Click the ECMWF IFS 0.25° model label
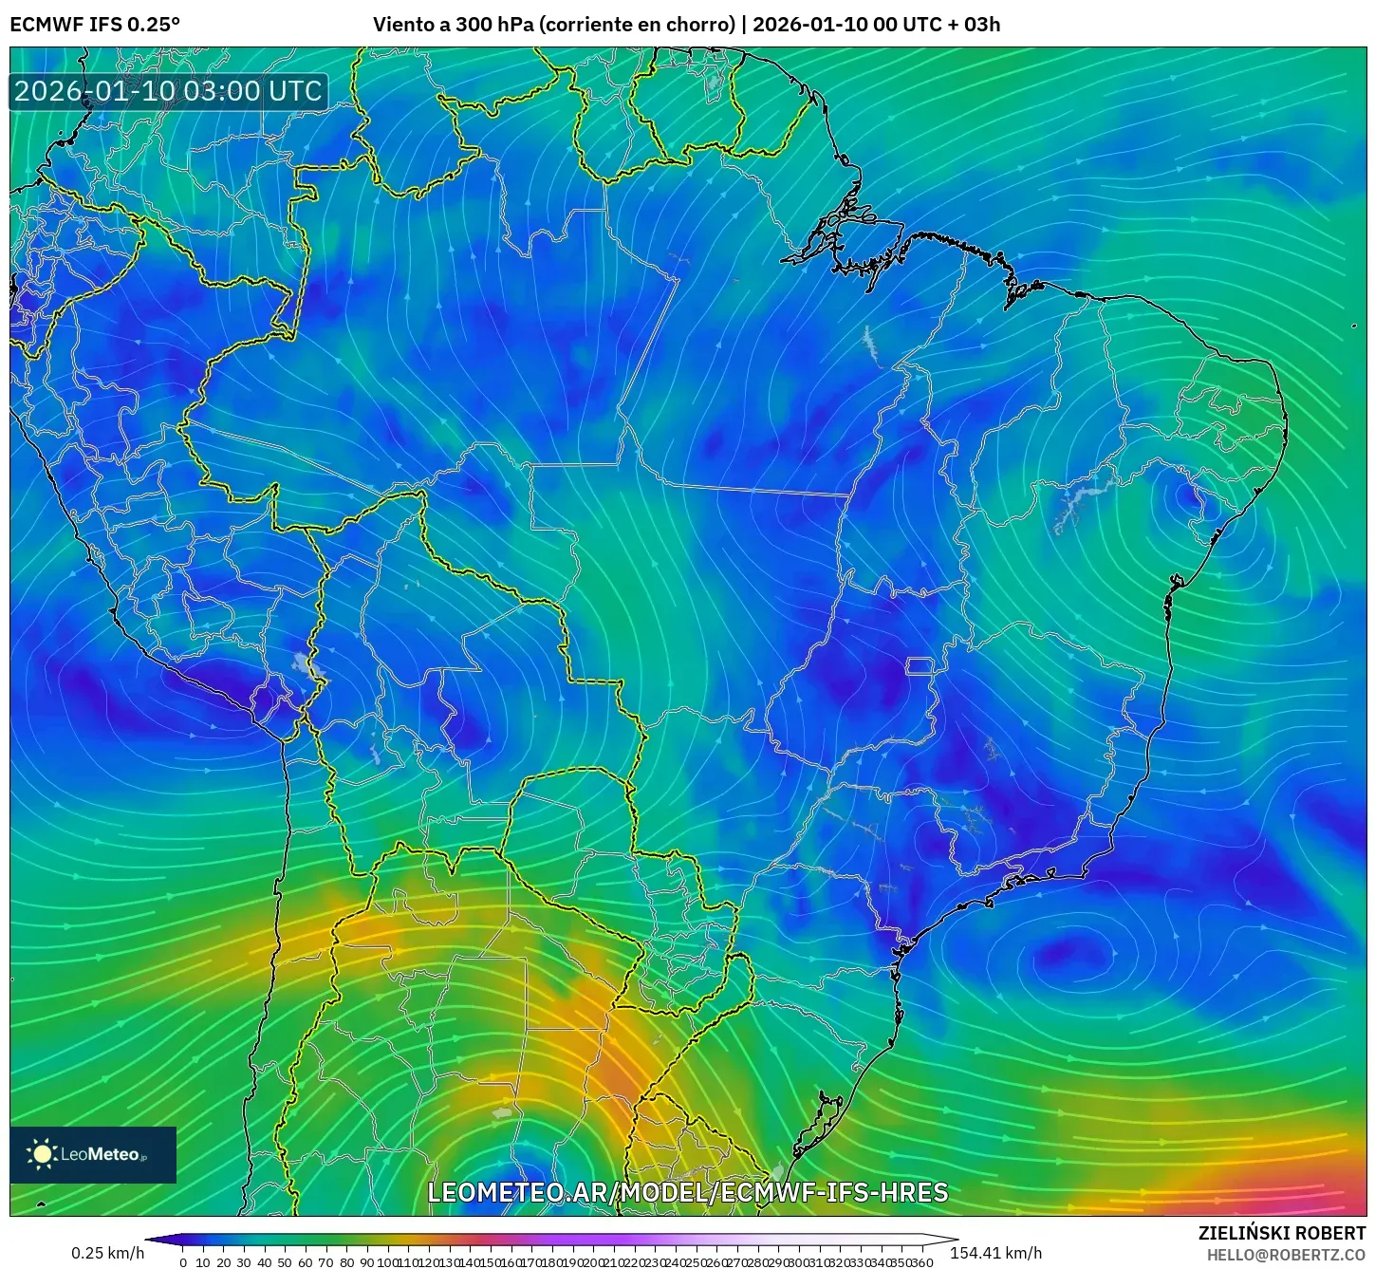(95, 24)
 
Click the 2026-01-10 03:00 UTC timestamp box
(169, 91)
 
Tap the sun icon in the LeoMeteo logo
(43, 1154)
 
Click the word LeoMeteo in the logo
(101, 1155)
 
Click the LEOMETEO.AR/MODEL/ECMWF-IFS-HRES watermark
(687, 1192)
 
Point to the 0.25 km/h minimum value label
(107, 1253)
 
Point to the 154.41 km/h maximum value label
(995, 1253)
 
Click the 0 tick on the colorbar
(183, 1261)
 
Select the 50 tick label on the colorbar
(285, 1261)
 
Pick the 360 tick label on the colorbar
(921, 1261)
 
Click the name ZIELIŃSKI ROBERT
(1281, 1233)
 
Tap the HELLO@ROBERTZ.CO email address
(1286, 1255)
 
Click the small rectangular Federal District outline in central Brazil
(920, 666)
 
